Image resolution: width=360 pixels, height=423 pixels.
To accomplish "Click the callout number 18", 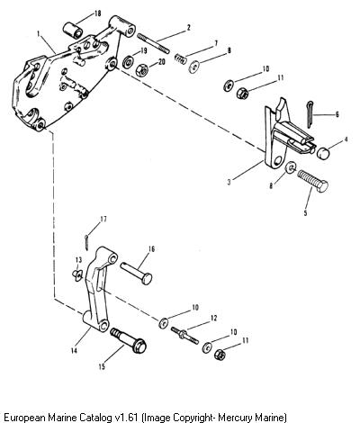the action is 97,13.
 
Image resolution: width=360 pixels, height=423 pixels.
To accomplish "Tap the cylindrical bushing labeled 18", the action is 73,30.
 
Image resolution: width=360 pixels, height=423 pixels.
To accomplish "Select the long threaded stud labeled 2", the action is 153,43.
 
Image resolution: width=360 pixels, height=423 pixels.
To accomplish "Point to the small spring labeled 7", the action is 181,58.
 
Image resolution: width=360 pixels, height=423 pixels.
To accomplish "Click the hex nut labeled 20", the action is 142,70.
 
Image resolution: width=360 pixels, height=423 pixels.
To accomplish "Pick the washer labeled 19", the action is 129,61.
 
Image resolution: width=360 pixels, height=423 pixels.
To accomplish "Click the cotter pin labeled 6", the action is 310,114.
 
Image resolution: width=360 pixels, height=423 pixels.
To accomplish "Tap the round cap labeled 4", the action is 323,153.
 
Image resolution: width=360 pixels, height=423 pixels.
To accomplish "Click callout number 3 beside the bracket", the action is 229,182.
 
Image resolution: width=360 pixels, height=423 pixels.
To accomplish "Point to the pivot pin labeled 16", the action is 137,273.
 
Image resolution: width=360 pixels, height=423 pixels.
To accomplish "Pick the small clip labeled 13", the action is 77,274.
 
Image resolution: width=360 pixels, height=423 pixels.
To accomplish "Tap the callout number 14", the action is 74,350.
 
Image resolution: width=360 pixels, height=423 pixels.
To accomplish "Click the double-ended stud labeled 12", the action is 184,336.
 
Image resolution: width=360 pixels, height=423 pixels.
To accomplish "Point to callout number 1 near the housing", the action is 38,33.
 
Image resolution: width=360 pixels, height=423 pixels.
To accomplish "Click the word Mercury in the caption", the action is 236,418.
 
